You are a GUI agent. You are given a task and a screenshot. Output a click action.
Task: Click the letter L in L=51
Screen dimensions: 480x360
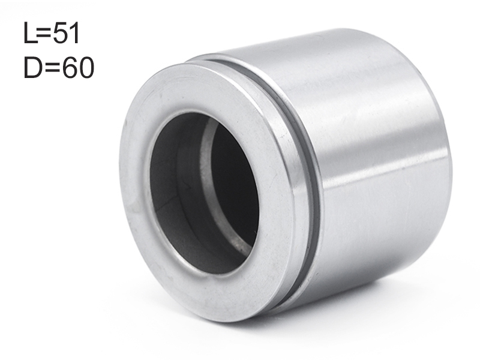tap(29, 34)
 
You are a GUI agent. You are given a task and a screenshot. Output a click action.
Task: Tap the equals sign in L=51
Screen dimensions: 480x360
tap(44, 34)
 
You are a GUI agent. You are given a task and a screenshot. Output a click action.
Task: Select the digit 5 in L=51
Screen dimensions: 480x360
tap(59, 34)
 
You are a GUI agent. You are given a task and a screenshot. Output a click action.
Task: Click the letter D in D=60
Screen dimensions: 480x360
tap(32, 67)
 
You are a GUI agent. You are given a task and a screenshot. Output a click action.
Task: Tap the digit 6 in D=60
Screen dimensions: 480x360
tap(70, 67)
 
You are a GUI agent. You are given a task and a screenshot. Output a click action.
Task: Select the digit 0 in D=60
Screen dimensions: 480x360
tap(86, 67)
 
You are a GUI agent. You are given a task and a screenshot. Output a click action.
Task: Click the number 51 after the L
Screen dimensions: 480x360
tap(66, 34)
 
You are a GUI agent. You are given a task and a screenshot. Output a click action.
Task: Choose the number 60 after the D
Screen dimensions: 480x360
tap(78, 67)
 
